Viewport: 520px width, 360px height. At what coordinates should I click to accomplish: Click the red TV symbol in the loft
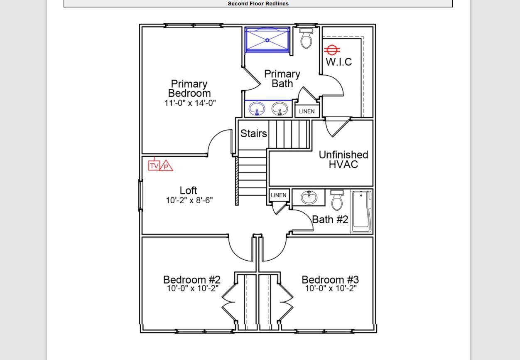(x=154, y=166)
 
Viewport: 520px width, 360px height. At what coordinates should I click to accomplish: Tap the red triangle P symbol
(x=166, y=166)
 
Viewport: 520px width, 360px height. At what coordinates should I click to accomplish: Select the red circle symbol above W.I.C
(x=332, y=50)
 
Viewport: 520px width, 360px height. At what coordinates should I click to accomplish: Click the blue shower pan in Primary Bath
(x=267, y=40)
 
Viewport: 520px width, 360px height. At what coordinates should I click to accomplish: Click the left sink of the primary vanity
(x=257, y=109)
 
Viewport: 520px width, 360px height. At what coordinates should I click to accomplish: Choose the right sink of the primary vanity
(x=279, y=109)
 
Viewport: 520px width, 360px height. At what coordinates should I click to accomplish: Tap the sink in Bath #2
(x=309, y=197)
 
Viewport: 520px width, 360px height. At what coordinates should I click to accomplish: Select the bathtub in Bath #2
(x=361, y=211)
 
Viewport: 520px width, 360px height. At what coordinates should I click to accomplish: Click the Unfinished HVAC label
(x=343, y=160)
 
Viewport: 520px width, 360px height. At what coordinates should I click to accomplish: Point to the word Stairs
(x=253, y=133)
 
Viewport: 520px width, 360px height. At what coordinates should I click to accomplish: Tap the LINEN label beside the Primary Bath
(x=307, y=111)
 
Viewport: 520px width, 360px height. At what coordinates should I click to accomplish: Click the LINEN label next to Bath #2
(x=278, y=195)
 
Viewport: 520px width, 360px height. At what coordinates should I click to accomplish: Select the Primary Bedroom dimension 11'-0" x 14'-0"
(x=190, y=103)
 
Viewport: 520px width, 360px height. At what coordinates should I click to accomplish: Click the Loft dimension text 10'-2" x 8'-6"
(x=189, y=200)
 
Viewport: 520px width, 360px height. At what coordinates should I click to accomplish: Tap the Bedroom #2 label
(x=191, y=279)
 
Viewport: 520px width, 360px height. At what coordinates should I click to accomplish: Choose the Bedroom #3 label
(x=330, y=279)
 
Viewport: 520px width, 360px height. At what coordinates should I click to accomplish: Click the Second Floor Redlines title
(x=258, y=4)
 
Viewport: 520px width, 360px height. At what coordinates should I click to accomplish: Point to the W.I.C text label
(x=338, y=62)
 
